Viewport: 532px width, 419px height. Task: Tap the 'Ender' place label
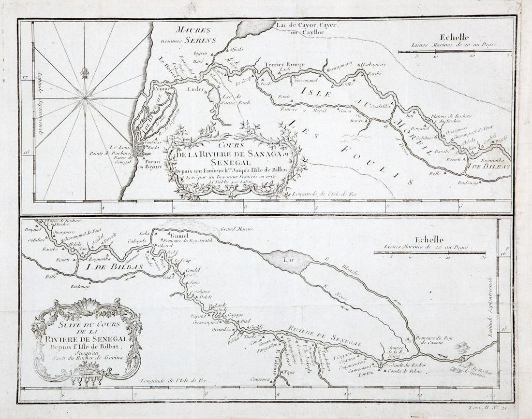coord(196,89)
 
